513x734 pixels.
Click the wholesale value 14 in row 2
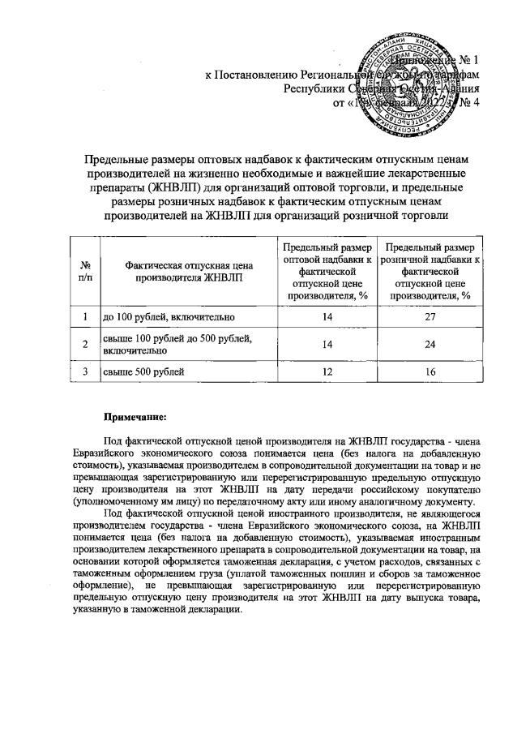tap(328, 344)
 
